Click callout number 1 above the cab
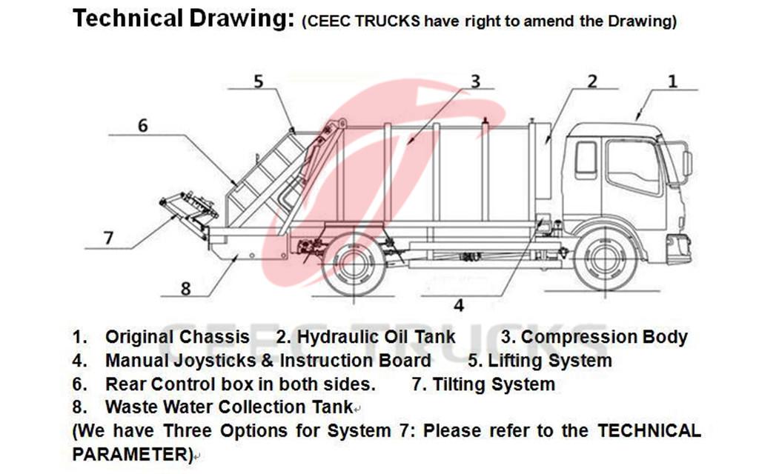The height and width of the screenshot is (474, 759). pyautogui.click(x=672, y=81)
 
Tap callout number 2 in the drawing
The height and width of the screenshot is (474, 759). pyautogui.click(x=591, y=81)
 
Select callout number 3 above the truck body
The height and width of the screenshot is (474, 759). pyautogui.click(x=475, y=81)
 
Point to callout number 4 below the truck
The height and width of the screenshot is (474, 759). pyautogui.click(x=459, y=304)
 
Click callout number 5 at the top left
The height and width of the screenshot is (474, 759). pyautogui.click(x=258, y=81)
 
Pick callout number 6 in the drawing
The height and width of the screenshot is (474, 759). pyautogui.click(x=142, y=126)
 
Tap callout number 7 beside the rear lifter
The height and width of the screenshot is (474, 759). pyautogui.click(x=108, y=238)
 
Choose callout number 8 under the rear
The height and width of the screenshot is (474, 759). pyautogui.click(x=185, y=288)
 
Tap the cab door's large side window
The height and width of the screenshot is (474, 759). pyautogui.click(x=632, y=167)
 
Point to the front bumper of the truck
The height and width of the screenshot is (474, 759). pyautogui.click(x=678, y=248)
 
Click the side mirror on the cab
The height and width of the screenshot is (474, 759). pyautogui.click(x=687, y=163)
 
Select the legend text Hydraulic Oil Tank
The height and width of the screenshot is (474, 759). pyautogui.click(x=376, y=337)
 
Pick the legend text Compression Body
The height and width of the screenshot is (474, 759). pyautogui.click(x=603, y=337)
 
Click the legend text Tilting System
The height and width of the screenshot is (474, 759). pyautogui.click(x=493, y=384)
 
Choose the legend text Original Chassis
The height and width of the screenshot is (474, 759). pyautogui.click(x=177, y=337)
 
